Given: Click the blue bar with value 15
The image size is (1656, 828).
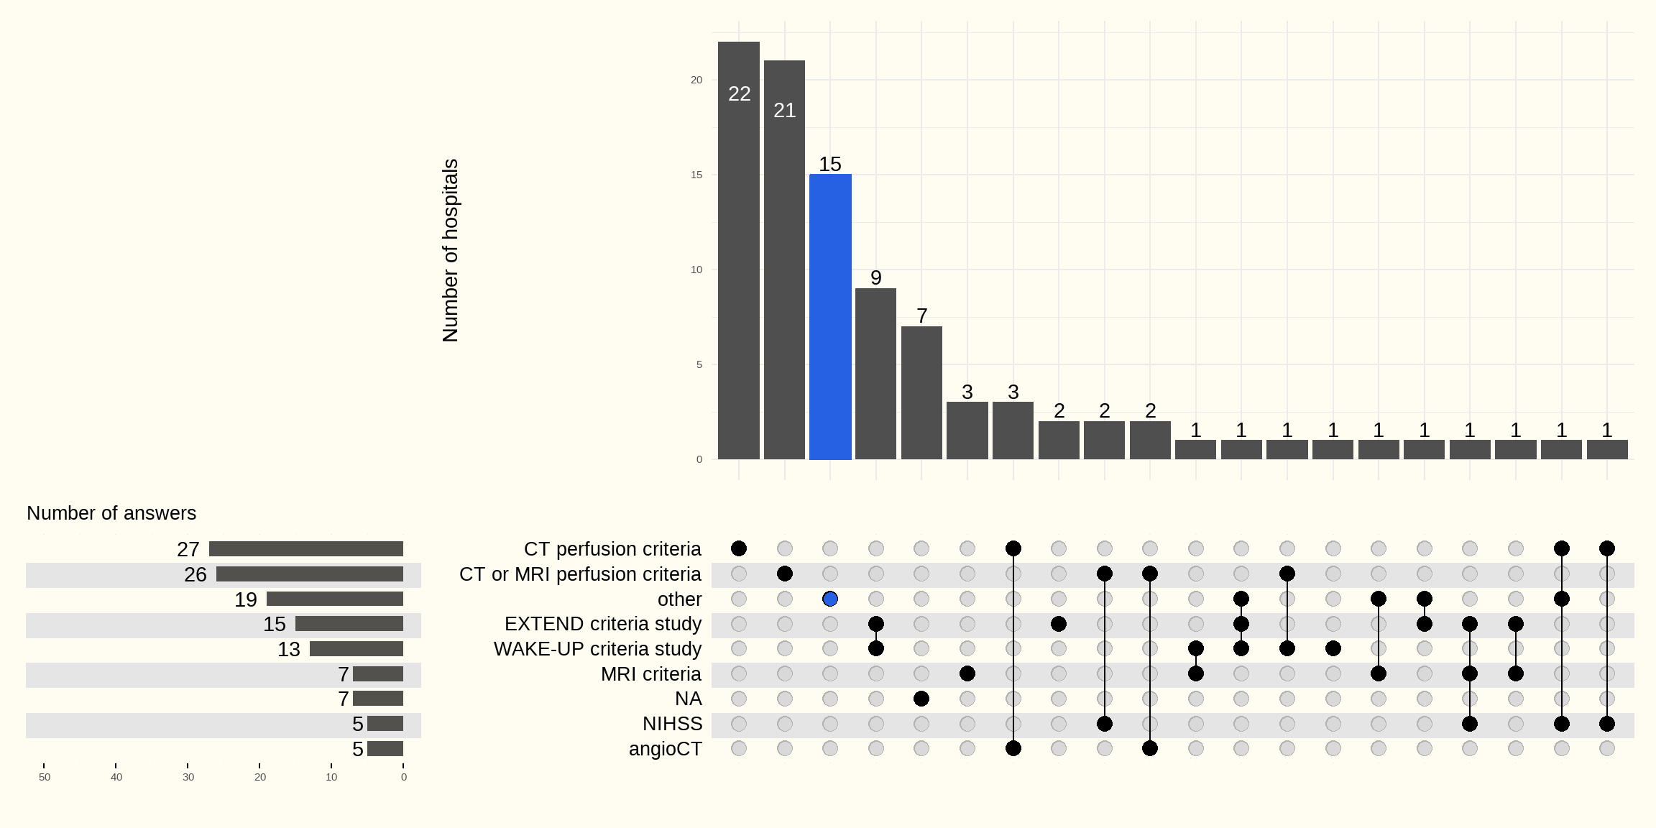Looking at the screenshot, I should tap(830, 316).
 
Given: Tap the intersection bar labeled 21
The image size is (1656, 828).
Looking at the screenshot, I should tap(784, 259).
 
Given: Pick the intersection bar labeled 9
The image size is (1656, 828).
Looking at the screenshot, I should tap(875, 374).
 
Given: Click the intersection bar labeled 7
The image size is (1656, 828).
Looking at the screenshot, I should tap(921, 392).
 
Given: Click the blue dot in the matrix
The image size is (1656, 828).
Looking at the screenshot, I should tap(830, 599).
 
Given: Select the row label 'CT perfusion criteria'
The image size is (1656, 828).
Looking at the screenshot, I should tap(612, 549).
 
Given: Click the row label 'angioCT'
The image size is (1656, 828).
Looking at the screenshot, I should tap(665, 749).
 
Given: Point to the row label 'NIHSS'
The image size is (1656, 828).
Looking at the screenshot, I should tap(672, 724).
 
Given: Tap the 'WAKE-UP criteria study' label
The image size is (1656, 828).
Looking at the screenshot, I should tap(597, 649).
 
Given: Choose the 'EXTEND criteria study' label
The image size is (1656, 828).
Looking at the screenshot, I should tap(602, 624).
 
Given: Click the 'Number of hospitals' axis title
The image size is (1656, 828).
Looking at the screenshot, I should tap(450, 250).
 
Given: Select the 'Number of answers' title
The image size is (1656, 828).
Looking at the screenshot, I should tap(111, 513).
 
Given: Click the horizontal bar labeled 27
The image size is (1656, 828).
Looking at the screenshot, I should tap(306, 549).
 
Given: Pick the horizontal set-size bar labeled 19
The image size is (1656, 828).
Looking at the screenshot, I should tap(335, 599).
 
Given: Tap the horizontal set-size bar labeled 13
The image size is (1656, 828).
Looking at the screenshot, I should tap(356, 649).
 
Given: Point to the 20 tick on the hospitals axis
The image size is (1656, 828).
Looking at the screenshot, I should tap(696, 80).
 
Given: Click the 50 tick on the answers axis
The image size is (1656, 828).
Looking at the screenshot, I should tap(45, 777).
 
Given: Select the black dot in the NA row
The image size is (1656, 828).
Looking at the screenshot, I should tap(921, 699).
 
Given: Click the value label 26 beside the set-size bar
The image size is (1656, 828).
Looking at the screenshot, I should tap(195, 574).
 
